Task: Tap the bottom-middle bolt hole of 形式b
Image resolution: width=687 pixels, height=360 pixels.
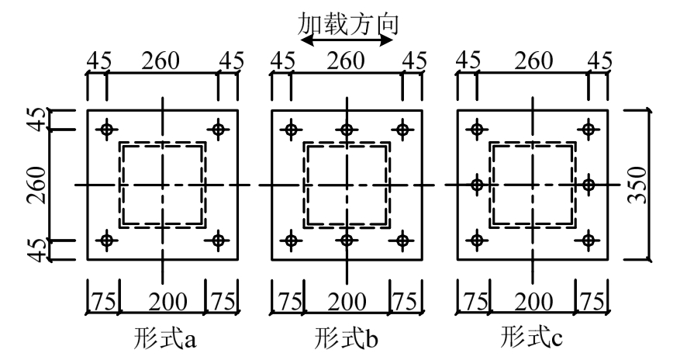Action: (x=347, y=241)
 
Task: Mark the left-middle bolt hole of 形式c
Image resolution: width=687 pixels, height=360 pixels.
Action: (x=477, y=185)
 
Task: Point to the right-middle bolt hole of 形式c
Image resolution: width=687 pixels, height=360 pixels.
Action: (x=588, y=185)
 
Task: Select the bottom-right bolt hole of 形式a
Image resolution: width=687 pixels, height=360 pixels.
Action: (x=218, y=241)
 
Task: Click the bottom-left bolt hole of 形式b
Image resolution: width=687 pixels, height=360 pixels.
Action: (x=291, y=241)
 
